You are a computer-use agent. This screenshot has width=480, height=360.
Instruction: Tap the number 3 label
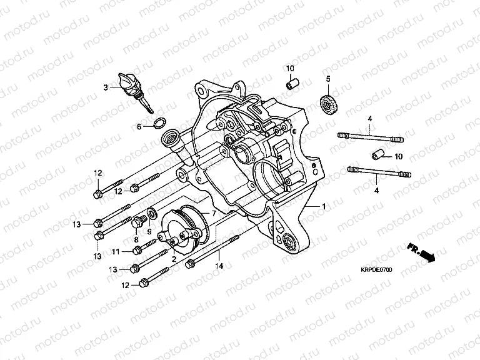106,87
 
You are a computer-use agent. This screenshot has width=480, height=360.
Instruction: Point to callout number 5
327,79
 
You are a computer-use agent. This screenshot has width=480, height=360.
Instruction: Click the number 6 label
140,126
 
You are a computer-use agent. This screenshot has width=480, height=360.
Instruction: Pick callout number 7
213,214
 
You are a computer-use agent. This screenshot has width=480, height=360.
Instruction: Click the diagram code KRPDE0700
374,270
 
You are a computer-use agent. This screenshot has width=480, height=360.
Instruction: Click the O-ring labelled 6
159,122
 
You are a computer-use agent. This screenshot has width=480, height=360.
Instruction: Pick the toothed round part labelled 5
325,102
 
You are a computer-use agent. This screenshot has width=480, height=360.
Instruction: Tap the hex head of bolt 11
136,251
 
